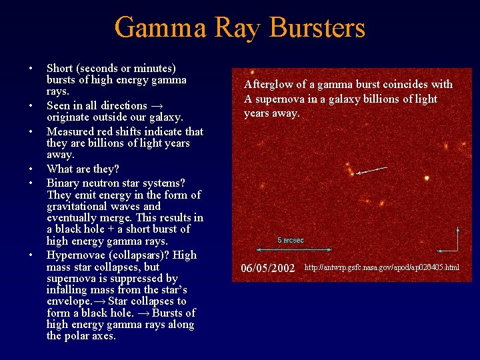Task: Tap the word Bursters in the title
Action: click(317, 28)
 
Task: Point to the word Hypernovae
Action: click(75, 255)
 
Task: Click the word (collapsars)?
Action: click(137, 255)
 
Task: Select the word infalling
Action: click(70, 290)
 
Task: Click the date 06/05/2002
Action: click(267, 268)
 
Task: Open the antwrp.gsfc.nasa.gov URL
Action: click(381, 268)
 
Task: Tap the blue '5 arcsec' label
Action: click(291, 240)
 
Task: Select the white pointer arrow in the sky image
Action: click(371, 171)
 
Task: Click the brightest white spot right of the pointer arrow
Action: click(427, 178)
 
